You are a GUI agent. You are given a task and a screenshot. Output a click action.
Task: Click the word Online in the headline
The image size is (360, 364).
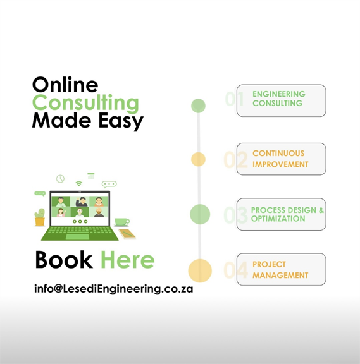pyautogui.click(x=65, y=85)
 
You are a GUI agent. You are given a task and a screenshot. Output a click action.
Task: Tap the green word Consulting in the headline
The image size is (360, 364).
pyautogui.click(x=85, y=103)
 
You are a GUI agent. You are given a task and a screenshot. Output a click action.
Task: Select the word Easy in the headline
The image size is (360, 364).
pyautogui.click(x=121, y=121)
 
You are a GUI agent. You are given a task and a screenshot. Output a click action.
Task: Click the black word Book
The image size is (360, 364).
pyautogui.click(x=64, y=260)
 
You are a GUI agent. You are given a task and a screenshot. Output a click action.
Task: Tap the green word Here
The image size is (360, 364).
pyautogui.click(x=128, y=260)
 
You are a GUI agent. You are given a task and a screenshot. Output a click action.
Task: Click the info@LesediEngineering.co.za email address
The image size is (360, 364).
pyautogui.click(x=114, y=289)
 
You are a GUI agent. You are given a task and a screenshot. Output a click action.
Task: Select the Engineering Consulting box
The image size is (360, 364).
pyautogui.click(x=281, y=100)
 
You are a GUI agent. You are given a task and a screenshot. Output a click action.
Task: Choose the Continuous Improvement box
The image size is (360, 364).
pyautogui.click(x=281, y=159)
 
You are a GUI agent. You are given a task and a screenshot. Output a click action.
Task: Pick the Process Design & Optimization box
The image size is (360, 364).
pyautogui.click(x=281, y=214)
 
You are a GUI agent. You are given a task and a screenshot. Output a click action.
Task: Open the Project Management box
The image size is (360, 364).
pyautogui.click(x=281, y=269)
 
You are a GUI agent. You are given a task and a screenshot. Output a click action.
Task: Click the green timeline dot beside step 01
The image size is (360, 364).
pyautogui.click(x=198, y=106)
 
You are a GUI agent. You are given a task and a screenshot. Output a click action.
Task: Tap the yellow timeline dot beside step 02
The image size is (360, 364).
pyautogui.click(x=198, y=159)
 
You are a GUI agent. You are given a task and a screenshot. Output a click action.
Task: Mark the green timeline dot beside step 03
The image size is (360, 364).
pyautogui.click(x=200, y=214)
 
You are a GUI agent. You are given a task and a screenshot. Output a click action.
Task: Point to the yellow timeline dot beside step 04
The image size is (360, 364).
pyautogui.click(x=200, y=270)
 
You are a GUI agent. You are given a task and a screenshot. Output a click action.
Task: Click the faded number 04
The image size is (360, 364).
pyautogui.click(x=235, y=270)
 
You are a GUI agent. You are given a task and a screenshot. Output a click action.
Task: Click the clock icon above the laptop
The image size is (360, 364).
pyautogui.click(x=61, y=179)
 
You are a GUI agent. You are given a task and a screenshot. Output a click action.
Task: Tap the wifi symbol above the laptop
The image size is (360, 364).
pyautogui.click(x=79, y=184)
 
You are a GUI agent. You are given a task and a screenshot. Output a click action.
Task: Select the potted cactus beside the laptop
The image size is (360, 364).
pyautogui.click(x=40, y=217)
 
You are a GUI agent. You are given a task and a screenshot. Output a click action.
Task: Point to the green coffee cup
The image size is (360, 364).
pyautogui.click(x=121, y=222)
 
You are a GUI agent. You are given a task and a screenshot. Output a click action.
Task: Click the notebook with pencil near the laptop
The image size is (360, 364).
pyautogui.click(x=127, y=234)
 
